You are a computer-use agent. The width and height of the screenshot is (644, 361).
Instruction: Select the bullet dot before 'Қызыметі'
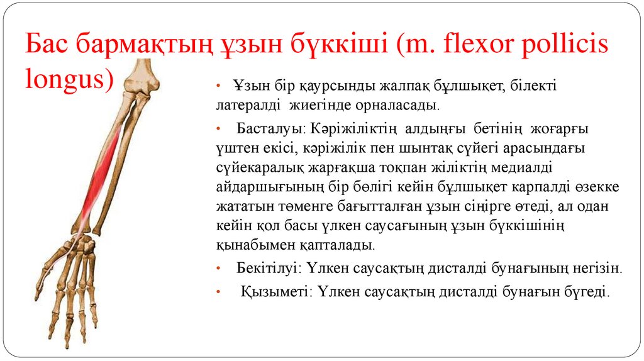(217, 292)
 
